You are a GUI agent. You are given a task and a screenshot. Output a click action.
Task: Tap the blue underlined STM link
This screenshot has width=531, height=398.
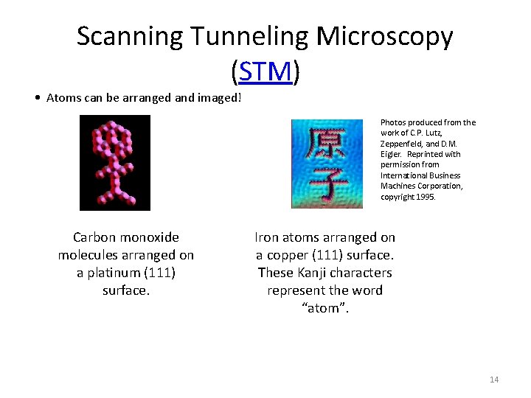[265, 71]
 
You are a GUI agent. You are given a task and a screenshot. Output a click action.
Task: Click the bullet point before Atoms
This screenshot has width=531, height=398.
[37, 98]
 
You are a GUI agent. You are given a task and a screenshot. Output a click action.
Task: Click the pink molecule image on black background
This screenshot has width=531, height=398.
[114, 163]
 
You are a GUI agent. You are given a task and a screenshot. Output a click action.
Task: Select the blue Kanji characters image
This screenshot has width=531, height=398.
[326, 164]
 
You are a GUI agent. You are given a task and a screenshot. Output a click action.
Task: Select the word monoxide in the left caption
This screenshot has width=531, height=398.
[150, 237]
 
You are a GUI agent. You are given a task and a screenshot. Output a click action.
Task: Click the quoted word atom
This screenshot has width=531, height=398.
[325, 308]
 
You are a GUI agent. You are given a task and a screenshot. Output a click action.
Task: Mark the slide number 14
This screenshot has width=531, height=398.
[494, 380]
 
